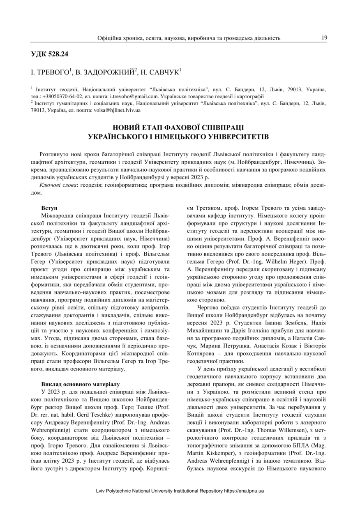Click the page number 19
coord(324,37)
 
